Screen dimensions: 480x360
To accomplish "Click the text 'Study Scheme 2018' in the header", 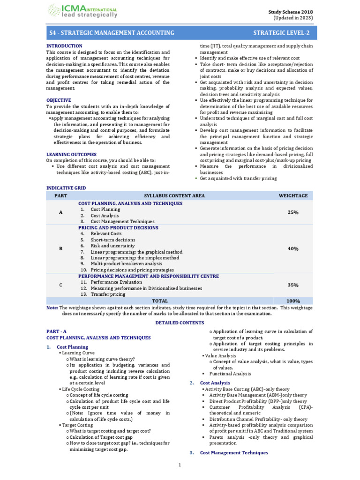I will [x=291, y=12].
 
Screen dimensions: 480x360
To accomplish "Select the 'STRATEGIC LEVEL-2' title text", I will [x=281, y=33].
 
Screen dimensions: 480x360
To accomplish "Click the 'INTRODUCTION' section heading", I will [x=64, y=46].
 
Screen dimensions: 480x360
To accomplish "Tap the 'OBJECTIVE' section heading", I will [x=59, y=100].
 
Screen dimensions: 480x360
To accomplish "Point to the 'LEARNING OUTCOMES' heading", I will [x=71, y=154].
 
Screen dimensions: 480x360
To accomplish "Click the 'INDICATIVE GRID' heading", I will [x=66, y=188].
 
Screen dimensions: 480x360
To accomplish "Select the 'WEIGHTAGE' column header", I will [x=293, y=195].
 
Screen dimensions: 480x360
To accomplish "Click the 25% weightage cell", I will [x=293, y=212].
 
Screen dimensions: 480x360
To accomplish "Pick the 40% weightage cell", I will [x=293, y=248].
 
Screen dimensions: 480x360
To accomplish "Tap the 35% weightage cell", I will [x=293, y=285].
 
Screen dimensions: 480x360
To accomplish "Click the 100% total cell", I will [x=293, y=300].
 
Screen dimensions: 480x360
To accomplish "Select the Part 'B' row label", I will [x=60, y=248].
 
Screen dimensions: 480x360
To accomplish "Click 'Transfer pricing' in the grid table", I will [x=108, y=294].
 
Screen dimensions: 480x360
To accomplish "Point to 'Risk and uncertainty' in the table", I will [x=112, y=246].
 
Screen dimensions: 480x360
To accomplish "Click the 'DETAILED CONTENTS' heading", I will [x=180, y=323].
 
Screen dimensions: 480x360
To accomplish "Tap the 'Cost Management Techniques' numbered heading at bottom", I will [x=234, y=453].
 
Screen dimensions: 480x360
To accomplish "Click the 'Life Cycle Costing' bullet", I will [x=81, y=389].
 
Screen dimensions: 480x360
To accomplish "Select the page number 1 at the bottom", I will [x=180, y=465].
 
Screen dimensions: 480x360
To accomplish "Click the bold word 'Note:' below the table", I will [x=52, y=307].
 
